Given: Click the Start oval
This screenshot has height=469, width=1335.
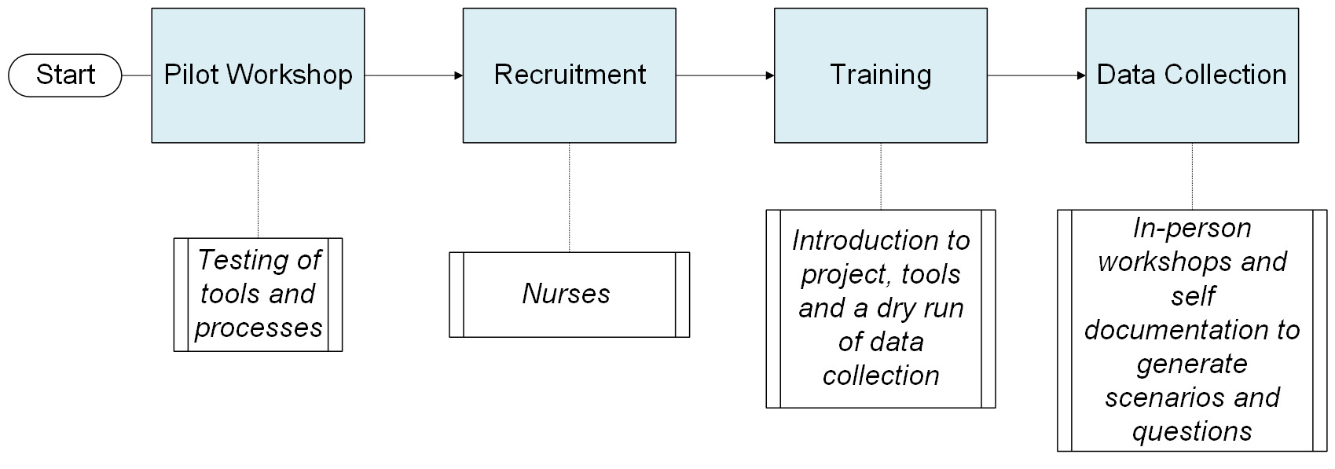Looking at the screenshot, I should [x=65, y=75].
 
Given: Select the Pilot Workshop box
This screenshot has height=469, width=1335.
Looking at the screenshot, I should [x=258, y=75].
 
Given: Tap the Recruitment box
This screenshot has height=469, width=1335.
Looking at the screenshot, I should [x=569, y=75].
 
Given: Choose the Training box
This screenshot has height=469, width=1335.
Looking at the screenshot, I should [x=880, y=75].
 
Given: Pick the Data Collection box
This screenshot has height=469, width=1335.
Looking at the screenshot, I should [x=1191, y=75].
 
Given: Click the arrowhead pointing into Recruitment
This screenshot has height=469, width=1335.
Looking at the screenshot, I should [x=458, y=75].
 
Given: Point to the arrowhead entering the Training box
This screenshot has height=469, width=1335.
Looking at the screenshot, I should [x=769, y=75].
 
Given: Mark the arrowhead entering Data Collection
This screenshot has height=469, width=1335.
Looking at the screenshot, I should [x=1080, y=75].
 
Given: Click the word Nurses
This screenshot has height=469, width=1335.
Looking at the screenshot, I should [x=566, y=294].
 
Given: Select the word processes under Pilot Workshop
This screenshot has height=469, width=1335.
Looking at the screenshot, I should [x=259, y=328].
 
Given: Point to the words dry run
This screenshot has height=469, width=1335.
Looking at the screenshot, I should [x=920, y=308].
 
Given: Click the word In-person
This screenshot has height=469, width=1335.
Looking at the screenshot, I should [x=1191, y=229].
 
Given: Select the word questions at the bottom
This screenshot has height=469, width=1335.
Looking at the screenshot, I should [x=1191, y=431].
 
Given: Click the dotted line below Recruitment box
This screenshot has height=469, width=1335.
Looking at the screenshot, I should [x=569, y=196].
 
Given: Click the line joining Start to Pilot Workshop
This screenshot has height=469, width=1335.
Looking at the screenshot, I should [x=137, y=75].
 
